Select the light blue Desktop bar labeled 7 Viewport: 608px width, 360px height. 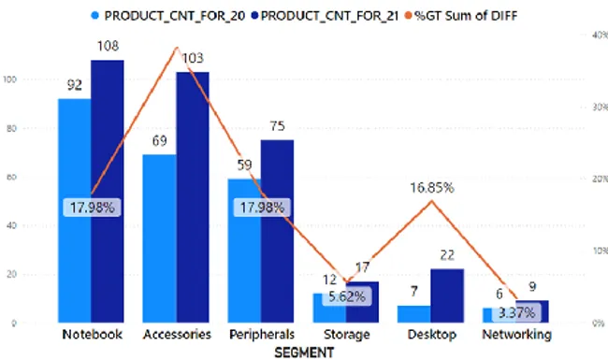(x=414, y=313)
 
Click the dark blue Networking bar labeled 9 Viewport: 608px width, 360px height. (x=532, y=311)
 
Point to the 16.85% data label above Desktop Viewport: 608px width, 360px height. (x=431, y=188)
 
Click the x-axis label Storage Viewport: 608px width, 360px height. (x=345, y=335)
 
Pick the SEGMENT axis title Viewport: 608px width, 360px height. (x=303, y=351)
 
